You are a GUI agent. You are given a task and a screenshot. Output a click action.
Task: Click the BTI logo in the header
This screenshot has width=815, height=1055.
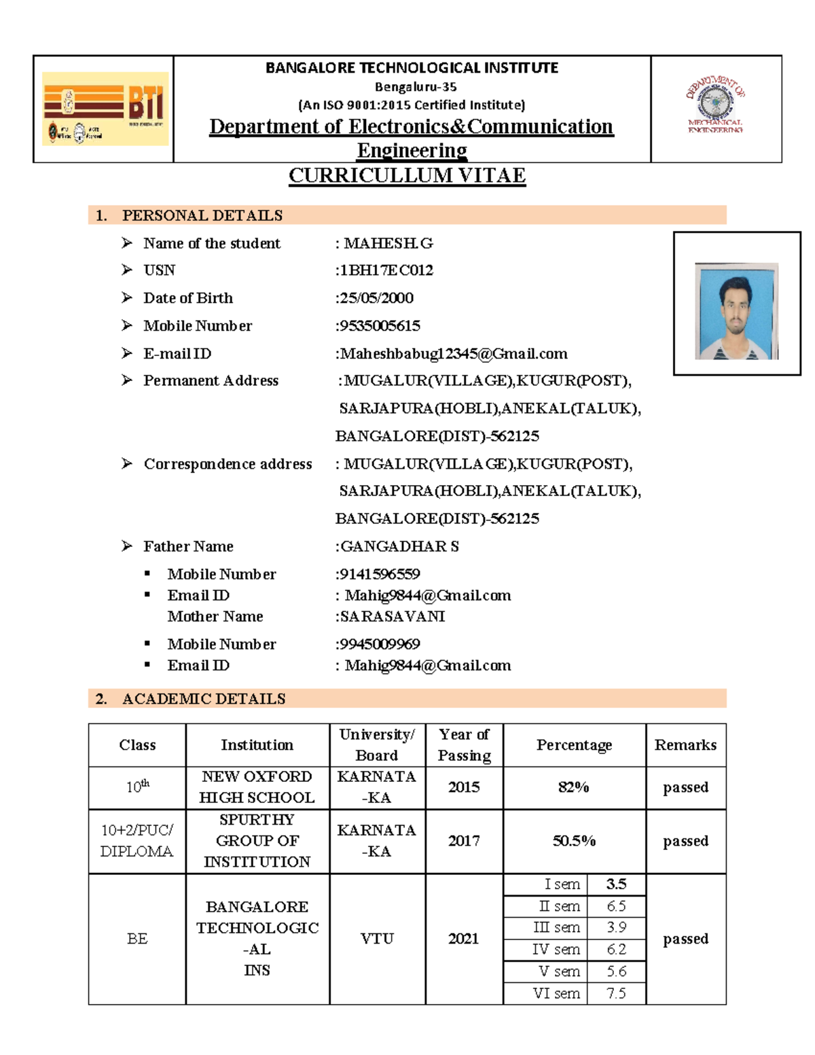[x=105, y=109]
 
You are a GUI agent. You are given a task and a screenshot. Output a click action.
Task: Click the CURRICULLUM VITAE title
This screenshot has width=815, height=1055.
[x=407, y=175]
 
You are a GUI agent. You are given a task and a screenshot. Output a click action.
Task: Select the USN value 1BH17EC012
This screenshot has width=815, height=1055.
[x=385, y=270]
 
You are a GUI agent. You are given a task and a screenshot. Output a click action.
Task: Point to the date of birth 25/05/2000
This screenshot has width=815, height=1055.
[x=376, y=298]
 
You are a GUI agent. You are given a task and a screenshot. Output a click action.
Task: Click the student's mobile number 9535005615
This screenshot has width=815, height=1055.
[x=379, y=326]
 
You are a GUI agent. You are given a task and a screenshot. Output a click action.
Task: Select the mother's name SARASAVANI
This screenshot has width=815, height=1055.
[x=392, y=617]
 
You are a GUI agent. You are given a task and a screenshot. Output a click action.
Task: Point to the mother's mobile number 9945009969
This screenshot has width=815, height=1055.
[x=379, y=644]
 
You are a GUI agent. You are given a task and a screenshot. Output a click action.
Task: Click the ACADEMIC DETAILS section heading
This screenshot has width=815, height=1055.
[x=203, y=699]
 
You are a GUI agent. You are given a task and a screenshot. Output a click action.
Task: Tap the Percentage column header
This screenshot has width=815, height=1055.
[x=574, y=745]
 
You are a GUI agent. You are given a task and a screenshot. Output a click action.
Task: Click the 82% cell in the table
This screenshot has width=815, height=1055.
[x=574, y=787]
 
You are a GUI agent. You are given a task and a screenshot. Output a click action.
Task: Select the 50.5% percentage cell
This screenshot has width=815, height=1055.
[x=574, y=841]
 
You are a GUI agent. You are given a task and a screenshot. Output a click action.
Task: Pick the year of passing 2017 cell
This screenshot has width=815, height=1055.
[x=464, y=841]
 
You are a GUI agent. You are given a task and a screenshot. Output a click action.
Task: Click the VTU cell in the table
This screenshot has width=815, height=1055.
[x=377, y=939]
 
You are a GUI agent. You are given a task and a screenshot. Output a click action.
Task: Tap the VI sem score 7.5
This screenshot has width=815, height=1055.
[x=616, y=994]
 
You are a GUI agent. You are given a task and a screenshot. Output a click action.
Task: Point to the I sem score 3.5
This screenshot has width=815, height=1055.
[x=616, y=884]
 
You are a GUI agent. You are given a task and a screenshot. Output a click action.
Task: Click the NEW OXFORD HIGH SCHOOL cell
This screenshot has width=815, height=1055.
[x=257, y=787]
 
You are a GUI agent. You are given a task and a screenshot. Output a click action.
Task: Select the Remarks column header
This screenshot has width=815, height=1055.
[x=685, y=745]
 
